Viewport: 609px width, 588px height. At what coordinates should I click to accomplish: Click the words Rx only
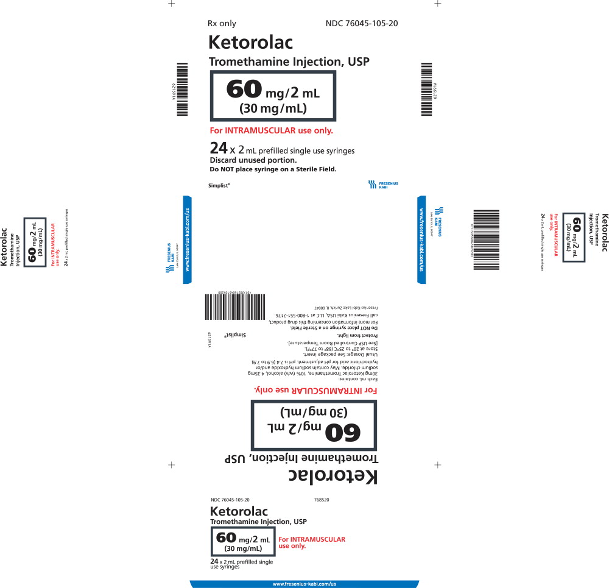point(222,24)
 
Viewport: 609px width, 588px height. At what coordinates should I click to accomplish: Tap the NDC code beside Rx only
point(362,24)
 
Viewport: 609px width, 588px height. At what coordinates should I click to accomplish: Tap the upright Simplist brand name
point(219,184)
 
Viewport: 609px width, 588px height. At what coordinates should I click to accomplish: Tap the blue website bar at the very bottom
point(304,584)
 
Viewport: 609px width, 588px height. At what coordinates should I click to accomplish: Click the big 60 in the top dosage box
point(244,90)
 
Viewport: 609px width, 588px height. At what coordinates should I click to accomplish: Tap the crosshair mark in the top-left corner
point(172,3)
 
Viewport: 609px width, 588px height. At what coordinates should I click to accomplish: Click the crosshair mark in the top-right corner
point(437,3)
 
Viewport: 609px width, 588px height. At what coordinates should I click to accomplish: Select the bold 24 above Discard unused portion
point(218,148)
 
